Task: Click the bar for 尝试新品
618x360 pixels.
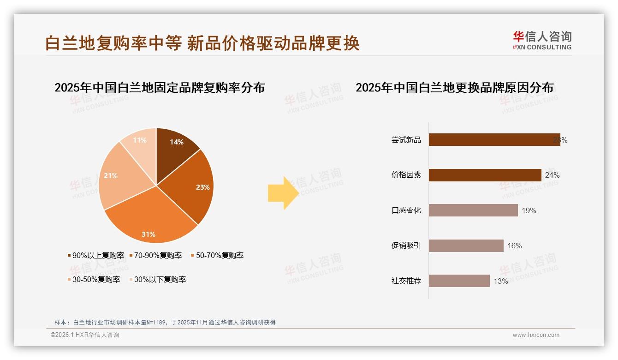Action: click(494, 140)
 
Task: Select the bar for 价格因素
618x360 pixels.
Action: click(485, 175)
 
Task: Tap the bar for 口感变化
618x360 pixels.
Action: click(473, 210)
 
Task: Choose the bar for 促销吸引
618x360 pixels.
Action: click(466, 246)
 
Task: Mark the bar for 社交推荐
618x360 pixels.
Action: click(459, 281)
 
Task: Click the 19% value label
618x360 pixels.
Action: click(529, 211)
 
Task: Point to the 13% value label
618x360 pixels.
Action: click(501, 281)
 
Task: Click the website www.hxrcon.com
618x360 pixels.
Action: click(536, 335)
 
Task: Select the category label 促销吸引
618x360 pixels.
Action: click(406, 246)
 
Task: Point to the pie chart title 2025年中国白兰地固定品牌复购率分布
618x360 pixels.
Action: click(160, 88)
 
